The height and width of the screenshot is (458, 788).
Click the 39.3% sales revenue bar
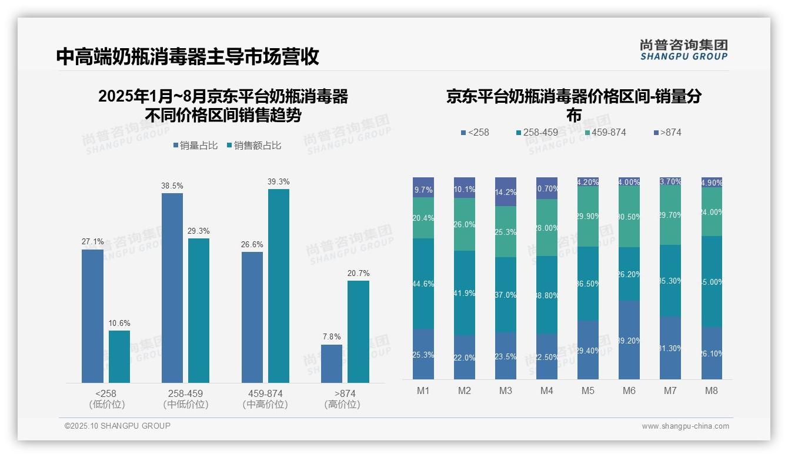pyautogui.click(x=279, y=285)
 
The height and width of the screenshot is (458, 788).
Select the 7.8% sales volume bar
pyautogui.click(x=332, y=363)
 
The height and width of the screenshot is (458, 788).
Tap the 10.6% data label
pyautogui.click(x=119, y=323)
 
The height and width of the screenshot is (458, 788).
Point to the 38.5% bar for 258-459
pyautogui.click(x=172, y=288)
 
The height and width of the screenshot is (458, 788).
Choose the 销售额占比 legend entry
pyautogui.click(x=253, y=146)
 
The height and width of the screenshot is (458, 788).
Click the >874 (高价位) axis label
pyautogui.click(x=342, y=399)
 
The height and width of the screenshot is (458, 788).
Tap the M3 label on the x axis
pyautogui.click(x=506, y=390)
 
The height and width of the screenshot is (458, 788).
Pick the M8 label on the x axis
pyautogui.click(x=712, y=390)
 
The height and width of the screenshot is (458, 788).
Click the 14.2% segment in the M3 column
pyautogui.click(x=506, y=192)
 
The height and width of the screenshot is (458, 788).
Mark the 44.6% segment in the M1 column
pyautogui.click(x=423, y=284)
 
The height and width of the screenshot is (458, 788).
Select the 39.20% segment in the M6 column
pyautogui.click(x=629, y=340)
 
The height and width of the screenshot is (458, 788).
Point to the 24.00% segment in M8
pyautogui.click(x=712, y=212)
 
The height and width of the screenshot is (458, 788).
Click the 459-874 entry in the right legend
pyautogui.click(x=606, y=132)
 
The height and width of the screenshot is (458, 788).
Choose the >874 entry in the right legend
pyautogui.click(x=667, y=132)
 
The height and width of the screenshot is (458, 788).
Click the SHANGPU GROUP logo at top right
pyautogui.click(x=684, y=50)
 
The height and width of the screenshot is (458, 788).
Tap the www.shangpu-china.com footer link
pyautogui.click(x=685, y=426)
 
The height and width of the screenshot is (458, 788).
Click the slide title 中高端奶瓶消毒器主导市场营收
pyautogui.click(x=188, y=56)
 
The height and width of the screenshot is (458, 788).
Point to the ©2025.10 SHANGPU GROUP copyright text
pyautogui.click(x=118, y=426)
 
